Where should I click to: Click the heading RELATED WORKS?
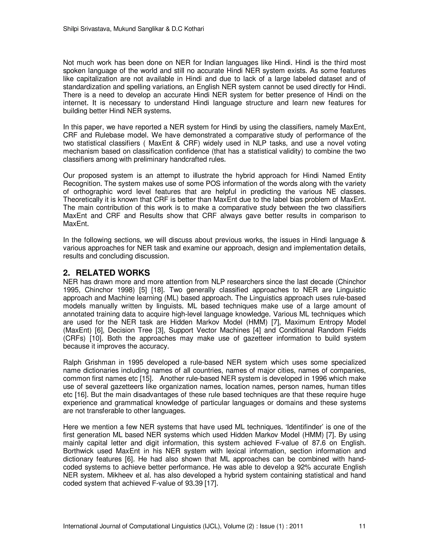point(113,273)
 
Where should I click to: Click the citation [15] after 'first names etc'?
point(147,379)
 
